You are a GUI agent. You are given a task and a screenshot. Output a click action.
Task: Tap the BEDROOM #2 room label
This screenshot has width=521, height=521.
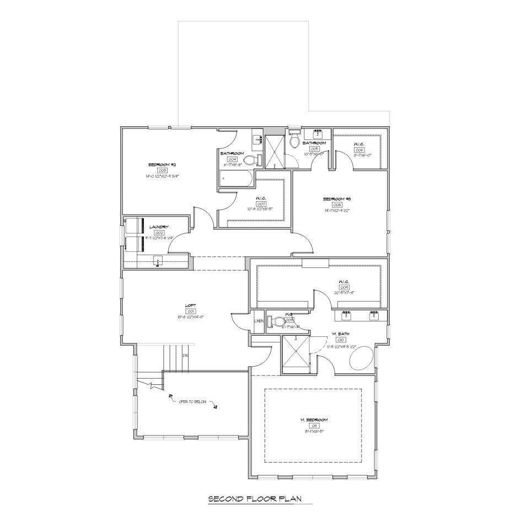(x=162, y=165)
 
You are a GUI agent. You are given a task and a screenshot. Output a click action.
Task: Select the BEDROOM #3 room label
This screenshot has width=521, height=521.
(x=337, y=198)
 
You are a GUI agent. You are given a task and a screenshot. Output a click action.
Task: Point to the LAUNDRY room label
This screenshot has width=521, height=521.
(x=158, y=227)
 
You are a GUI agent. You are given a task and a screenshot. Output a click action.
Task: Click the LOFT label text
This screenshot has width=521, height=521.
(x=191, y=305)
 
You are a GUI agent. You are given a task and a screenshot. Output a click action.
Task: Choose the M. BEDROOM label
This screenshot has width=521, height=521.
(x=314, y=420)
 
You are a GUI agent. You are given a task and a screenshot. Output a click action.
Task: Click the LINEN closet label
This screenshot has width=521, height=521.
(x=258, y=320)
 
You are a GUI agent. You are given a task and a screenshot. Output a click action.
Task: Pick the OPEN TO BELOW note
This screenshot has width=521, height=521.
(x=192, y=401)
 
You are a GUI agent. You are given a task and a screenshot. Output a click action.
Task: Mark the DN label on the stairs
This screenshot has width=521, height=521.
(x=186, y=356)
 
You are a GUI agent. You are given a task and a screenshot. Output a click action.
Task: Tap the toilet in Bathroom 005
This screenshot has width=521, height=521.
(x=294, y=141)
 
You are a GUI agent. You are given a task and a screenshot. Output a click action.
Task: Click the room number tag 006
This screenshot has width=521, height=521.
(x=359, y=149)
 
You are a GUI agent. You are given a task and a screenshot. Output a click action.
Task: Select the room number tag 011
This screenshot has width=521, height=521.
(x=314, y=426)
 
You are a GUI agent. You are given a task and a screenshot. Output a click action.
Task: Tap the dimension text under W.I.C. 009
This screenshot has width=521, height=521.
(x=344, y=293)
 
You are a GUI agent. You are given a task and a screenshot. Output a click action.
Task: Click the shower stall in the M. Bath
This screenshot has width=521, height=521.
(x=296, y=353)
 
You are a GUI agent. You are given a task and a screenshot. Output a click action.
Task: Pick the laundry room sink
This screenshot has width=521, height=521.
(x=157, y=261)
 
